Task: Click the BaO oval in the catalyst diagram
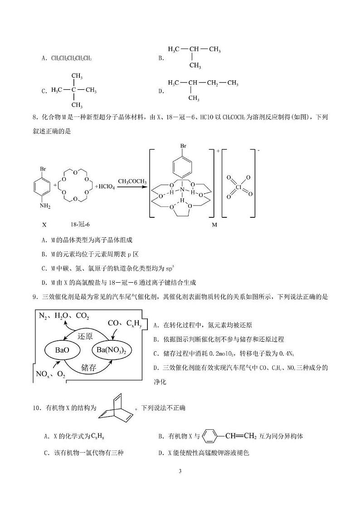point(62,350)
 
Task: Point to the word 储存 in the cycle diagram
point(88,368)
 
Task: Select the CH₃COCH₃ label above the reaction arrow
point(132,181)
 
